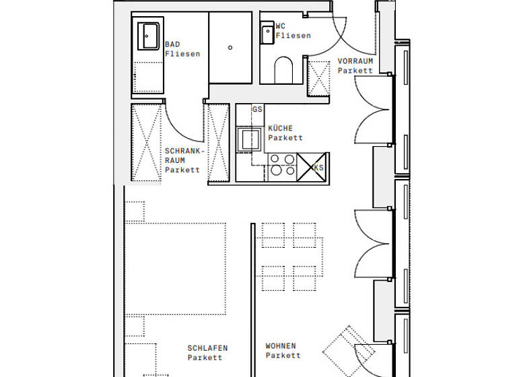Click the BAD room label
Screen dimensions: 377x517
[x=172, y=44]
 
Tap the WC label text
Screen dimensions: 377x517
[x=281, y=27]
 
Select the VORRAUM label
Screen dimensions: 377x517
[x=355, y=61]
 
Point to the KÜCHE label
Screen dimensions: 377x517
[x=280, y=128]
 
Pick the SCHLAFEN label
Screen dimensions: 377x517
[x=207, y=349]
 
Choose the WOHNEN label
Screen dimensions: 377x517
[x=281, y=346]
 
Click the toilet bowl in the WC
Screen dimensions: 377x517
[x=284, y=69]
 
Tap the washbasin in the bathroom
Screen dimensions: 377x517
[x=149, y=36]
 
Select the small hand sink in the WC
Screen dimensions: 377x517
[x=267, y=34]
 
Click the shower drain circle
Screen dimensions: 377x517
[x=230, y=48]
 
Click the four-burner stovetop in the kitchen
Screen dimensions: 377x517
[x=281, y=165]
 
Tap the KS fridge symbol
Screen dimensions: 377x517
[x=312, y=166]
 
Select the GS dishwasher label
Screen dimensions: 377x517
[x=257, y=109]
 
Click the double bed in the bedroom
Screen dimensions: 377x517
[x=175, y=269]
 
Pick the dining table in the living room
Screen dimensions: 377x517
[x=289, y=256]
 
